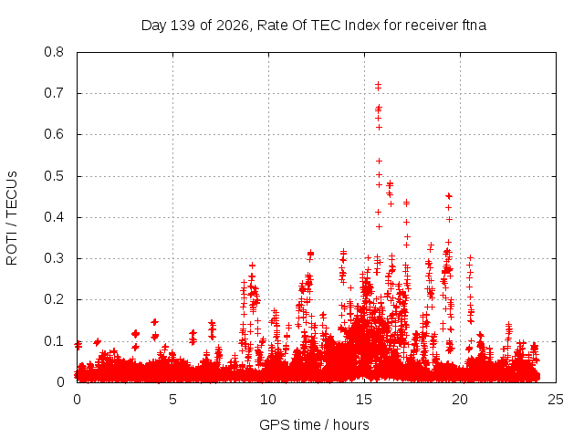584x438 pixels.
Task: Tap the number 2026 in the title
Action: (x=232, y=26)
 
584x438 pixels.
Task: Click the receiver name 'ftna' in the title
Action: (x=474, y=26)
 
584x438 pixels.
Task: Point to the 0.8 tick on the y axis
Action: (x=54, y=52)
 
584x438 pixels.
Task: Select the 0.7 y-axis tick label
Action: (x=54, y=93)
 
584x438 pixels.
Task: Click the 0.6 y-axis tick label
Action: (x=54, y=134)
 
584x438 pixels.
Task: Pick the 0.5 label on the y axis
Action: (x=54, y=176)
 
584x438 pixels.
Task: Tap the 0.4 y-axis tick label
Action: (x=54, y=217)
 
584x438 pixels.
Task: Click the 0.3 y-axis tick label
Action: (x=54, y=258)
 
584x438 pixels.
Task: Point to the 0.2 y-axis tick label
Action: (x=54, y=299)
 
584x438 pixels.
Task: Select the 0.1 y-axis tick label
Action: (x=54, y=340)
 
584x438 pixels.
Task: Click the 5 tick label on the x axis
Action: (x=172, y=400)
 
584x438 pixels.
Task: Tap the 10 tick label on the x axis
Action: (x=268, y=400)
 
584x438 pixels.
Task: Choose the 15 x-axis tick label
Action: (x=364, y=400)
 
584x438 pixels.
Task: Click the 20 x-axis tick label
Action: (x=460, y=400)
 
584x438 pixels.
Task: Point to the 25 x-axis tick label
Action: (x=556, y=400)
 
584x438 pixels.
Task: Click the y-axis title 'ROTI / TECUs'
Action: (x=12, y=218)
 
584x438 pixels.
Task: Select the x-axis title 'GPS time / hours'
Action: (x=314, y=425)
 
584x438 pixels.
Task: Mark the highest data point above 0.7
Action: (x=378, y=85)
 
